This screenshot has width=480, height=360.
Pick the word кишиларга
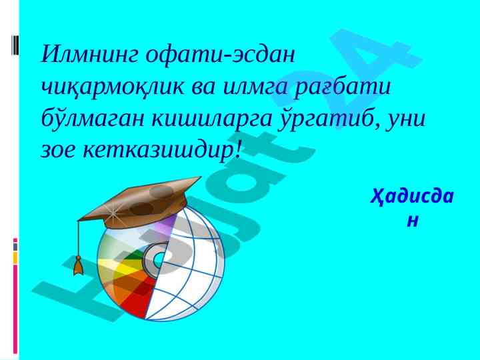click(212, 119)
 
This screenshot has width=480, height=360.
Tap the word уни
click(406, 119)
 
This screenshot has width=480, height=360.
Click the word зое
click(57, 151)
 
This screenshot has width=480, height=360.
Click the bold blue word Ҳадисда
click(412, 197)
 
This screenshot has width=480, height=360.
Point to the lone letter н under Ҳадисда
click(413, 221)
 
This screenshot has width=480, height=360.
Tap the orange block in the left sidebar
click(15, 258)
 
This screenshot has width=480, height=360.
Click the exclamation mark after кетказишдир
click(238, 150)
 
